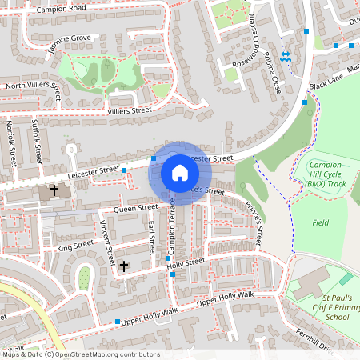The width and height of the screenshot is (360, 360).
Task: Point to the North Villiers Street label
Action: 32,85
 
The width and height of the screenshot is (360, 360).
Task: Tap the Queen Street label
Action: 135,208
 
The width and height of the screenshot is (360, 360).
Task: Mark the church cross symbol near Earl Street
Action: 124,265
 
